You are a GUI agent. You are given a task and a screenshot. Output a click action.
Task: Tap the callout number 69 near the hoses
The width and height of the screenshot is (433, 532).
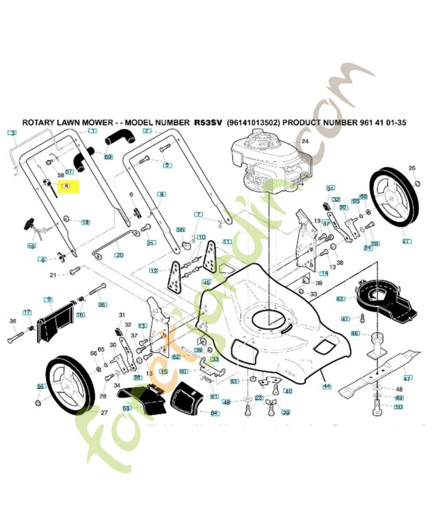(108, 157)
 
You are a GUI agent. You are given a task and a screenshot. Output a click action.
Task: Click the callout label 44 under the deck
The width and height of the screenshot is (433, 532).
(325, 385)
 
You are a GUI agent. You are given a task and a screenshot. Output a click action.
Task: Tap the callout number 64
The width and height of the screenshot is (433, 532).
(214, 413)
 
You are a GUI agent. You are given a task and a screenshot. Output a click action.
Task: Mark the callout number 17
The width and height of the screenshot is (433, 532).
(27, 312)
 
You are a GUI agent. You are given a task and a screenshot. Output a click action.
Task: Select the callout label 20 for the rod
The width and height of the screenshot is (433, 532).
(119, 255)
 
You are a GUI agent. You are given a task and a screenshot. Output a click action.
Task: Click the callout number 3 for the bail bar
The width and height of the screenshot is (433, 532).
(12, 134)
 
